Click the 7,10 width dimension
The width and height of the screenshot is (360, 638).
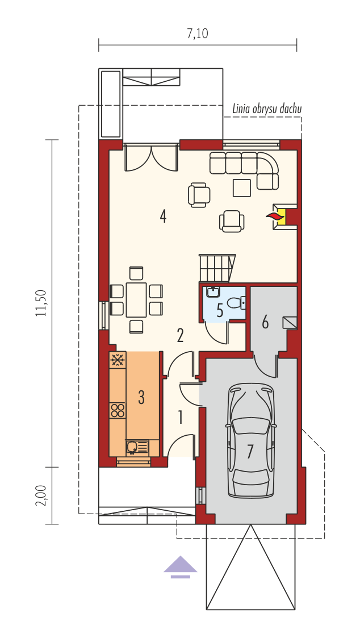pyautogui.click(x=197, y=34)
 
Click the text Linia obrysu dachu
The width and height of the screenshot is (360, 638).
pyautogui.click(x=267, y=109)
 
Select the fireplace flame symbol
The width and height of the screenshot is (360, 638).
pyautogui.click(x=275, y=216)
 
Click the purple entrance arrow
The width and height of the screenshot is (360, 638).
pyautogui.click(x=180, y=567)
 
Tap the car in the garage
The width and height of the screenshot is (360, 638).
pyautogui.click(x=250, y=440)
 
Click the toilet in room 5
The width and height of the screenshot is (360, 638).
pyautogui.click(x=236, y=303)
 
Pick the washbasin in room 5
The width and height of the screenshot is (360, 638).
pyautogui.click(x=212, y=292)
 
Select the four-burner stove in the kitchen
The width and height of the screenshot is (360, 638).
pyautogui.click(x=118, y=410)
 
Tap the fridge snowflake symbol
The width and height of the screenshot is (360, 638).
pyautogui.click(x=118, y=361)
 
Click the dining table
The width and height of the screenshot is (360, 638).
pyautogui.click(x=136, y=300)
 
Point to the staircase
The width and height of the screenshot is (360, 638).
pyautogui.click(x=217, y=268)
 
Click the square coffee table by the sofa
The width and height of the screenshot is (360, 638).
pyautogui.click(x=242, y=187)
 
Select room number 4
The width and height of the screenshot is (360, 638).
pyautogui.click(x=163, y=216)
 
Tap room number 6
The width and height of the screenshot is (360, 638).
pyautogui.click(x=265, y=322)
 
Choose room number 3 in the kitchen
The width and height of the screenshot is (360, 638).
pyautogui.click(x=141, y=397)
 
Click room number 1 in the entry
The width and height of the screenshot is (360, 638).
pyautogui.click(x=180, y=418)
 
